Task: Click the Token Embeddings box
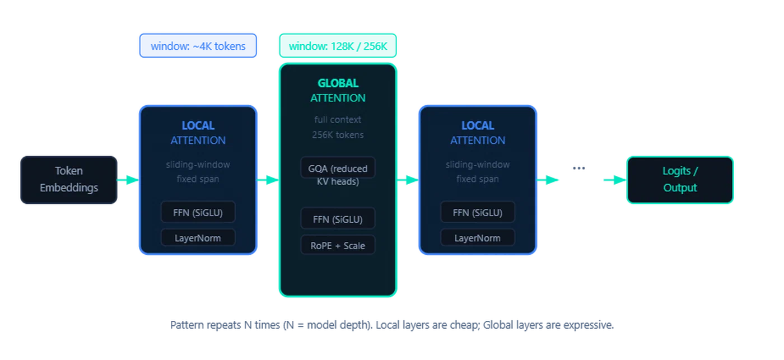[x=69, y=179]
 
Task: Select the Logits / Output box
[x=680, y=179]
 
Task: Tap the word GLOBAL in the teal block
[x=338, y=83]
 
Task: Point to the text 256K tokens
[x=338, y=134]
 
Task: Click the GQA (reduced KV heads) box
[x=338, y=174]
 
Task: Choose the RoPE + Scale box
[x=338, y=245]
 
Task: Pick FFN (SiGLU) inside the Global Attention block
[x=338, y=219]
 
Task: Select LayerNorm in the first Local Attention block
[x=198, y=238]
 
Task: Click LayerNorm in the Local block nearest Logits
[x=477, y=238]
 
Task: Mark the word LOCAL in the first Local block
[x=198, y=126]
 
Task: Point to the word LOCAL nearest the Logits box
[x=477, y=126]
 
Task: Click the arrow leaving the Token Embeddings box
[x=128, y=180]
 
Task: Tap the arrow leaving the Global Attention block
[x=408, y=180]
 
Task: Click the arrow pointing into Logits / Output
[x=613, y=180]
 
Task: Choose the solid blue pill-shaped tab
[x=197, y=45]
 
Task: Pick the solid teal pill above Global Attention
[x=338, y=45]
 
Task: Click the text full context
[x=338, y=120]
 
